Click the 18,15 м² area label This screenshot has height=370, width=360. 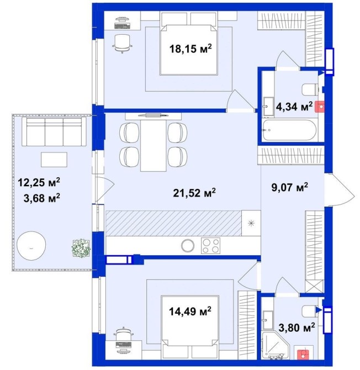pos(190,49)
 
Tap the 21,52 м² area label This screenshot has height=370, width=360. pos(194,193)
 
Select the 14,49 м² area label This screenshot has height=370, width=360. pos(190,311)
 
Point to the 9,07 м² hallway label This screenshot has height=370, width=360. pos(290,187)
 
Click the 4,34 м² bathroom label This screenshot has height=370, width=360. pos(294,107)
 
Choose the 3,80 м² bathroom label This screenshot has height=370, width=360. pos(297,327)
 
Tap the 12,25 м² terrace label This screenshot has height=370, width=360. pos(39,182)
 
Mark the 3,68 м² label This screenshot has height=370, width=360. pos(41,198)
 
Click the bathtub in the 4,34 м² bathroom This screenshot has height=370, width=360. pos(289,130)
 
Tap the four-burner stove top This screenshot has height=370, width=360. pos(210,246)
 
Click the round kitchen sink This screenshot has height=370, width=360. pos(188,245)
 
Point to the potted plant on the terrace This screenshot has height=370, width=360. pos(81,249)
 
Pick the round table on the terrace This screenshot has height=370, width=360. pos(31,246)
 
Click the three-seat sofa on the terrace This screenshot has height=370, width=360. pos(54,131)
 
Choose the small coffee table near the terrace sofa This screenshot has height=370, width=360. pos(54,160)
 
